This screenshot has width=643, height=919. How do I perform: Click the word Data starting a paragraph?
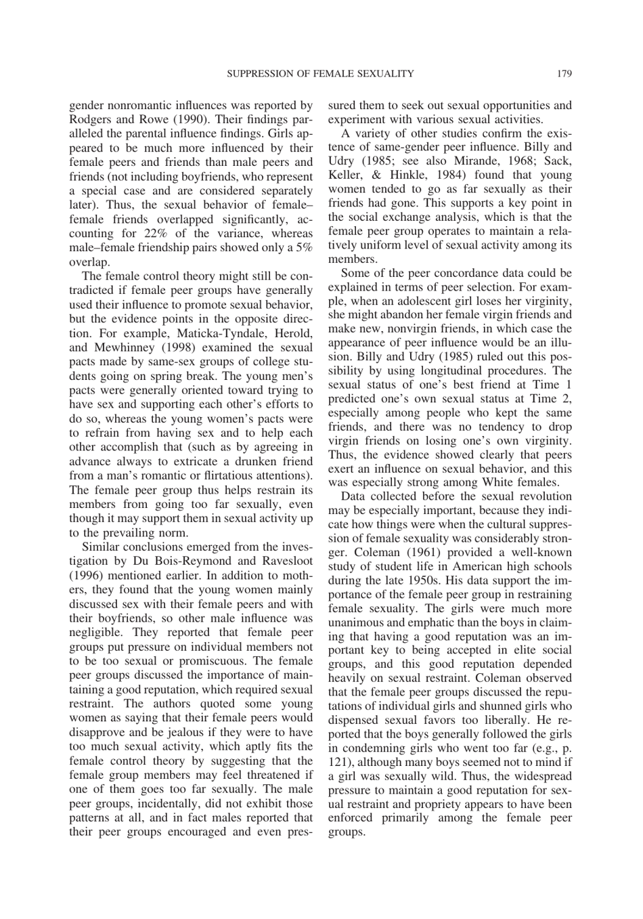(x=355, y=496)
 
